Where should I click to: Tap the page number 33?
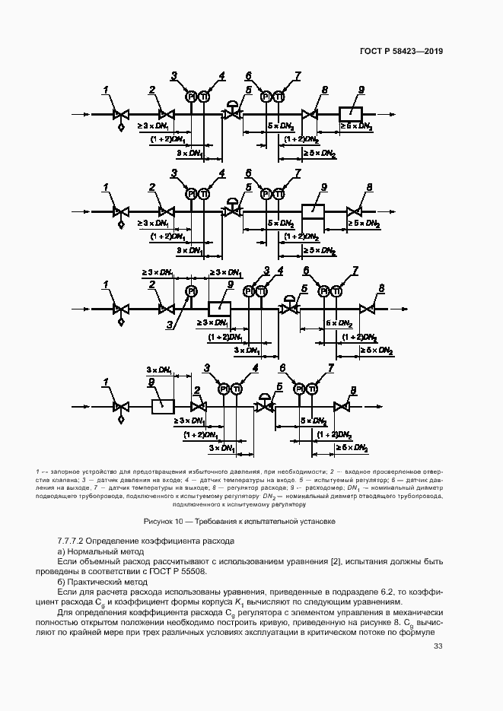438,647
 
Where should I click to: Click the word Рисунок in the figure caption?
161,521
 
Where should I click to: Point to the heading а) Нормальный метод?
96,551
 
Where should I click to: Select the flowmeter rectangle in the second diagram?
314,211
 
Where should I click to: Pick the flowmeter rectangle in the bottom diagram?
163,405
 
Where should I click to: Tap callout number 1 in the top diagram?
107,90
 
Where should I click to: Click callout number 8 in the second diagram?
369,187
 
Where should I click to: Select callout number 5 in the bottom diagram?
280,387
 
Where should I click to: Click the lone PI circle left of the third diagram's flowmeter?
191,291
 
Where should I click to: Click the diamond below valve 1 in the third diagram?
120,322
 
